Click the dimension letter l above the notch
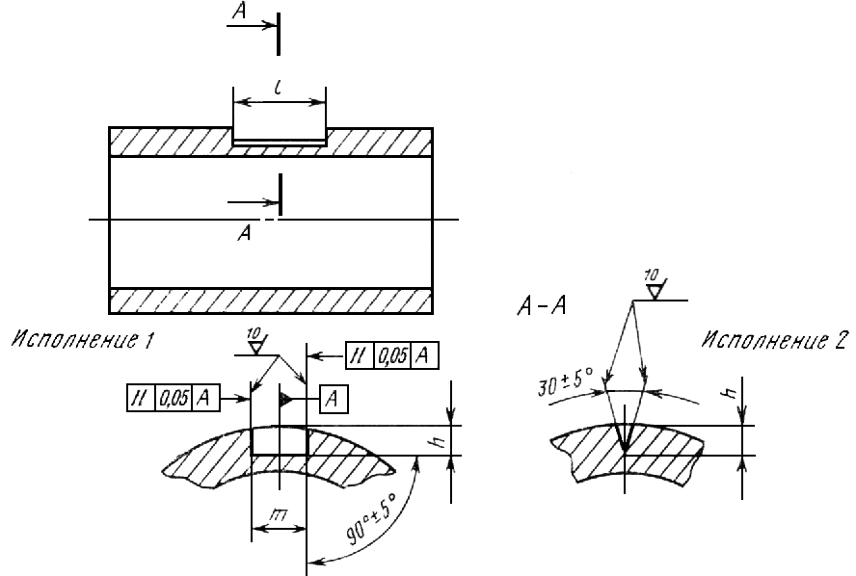(x=279, y=88)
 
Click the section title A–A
(x=541, y=306)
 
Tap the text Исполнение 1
(x=83, y=340)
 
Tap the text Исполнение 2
(x=775, y=340)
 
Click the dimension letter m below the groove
(x=279, y=514)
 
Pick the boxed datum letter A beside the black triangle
(x=333, y=400)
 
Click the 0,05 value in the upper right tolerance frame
(x=392, y=356)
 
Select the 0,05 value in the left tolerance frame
(x=174, y=398)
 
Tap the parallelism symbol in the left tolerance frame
(x=141, y=398)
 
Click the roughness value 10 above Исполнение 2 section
(x=652, y=275)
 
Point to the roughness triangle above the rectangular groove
(x=255, y=348)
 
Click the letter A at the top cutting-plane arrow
(x=239, y=10)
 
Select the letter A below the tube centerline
(x=245, y=233)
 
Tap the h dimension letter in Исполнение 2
(x=732, y=391)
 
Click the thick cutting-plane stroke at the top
(x=279, y=34)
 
